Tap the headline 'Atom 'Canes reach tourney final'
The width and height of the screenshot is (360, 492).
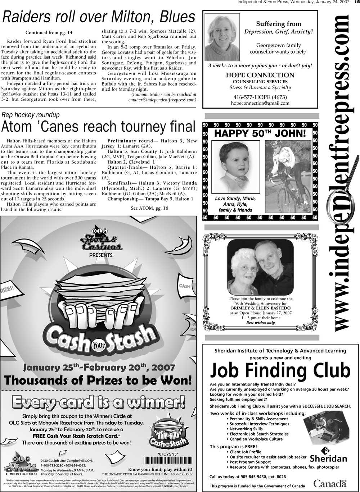tap(98, 127)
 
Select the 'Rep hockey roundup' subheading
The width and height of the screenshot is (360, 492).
tap(31, 115)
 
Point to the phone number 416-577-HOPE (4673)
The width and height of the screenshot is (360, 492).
tap(260, 97)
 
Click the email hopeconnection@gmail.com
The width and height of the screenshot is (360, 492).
tap(260, 103)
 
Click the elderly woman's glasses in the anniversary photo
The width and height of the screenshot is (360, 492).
tap(249, 269)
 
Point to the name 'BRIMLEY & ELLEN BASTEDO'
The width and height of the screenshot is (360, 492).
tap(261, 308)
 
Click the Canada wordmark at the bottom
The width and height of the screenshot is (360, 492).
tap(330, 483)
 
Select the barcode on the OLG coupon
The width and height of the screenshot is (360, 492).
tap(167, 461)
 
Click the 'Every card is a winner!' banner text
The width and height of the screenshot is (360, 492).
tap(98, 402)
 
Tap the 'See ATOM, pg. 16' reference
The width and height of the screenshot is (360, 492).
tap(149, 208)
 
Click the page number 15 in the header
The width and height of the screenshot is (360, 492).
tap(356, 2)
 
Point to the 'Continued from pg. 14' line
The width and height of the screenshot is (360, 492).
tap(49, 33)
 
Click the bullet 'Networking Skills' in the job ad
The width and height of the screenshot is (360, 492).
tap(246, 429)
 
